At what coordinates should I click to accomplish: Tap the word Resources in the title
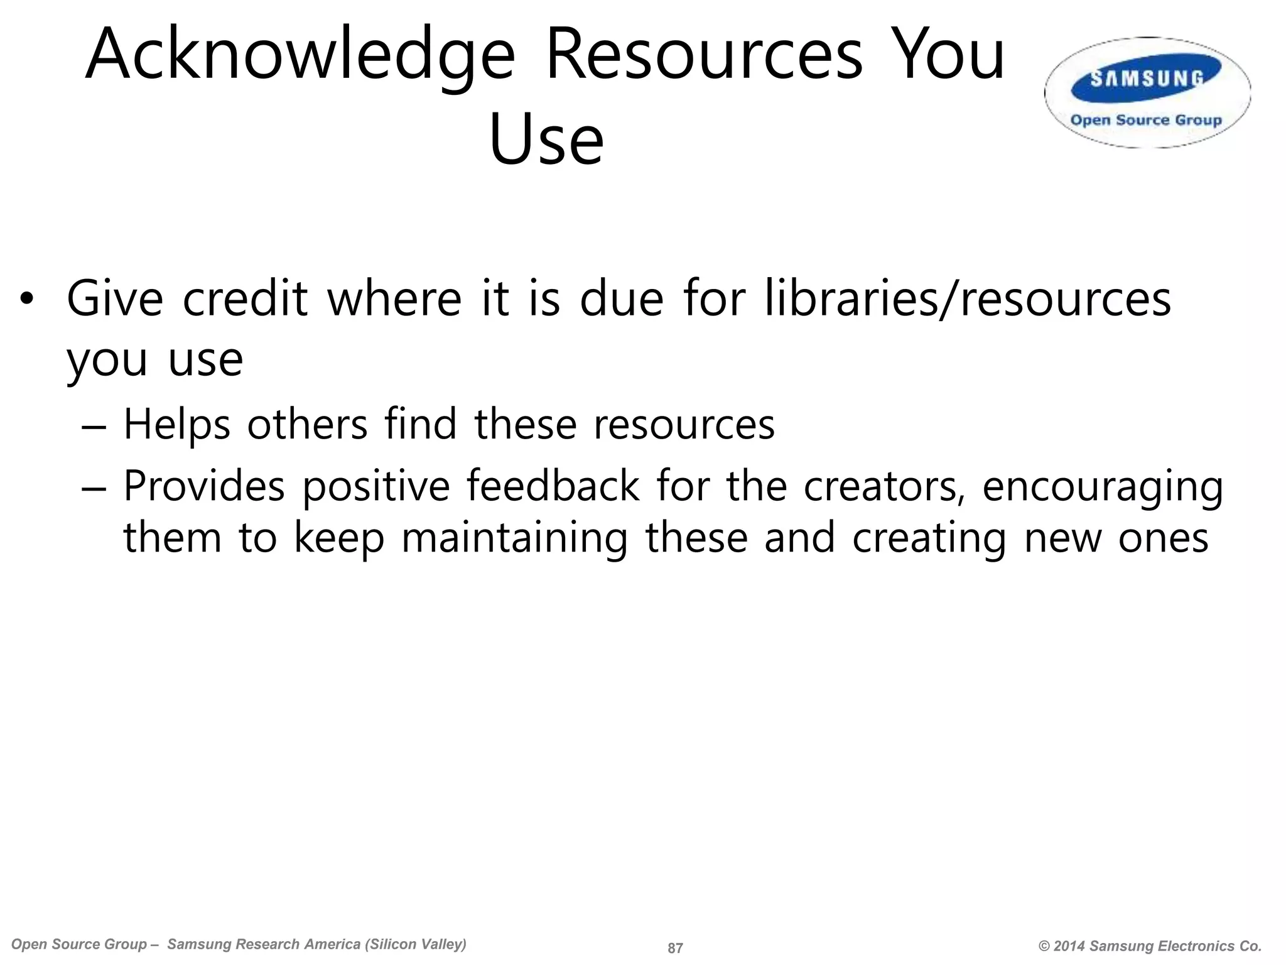click(x=704, y=55)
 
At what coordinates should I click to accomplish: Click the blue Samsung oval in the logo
click(x=1147, y=79)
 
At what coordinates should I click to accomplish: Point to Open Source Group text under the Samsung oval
click(x=1146, y=120)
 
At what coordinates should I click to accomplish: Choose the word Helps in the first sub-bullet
click(x=177, y=425)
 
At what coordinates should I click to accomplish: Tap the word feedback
click(x=553, y=486)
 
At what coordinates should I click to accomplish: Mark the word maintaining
click(x=514, y=538)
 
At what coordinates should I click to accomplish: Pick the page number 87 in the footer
click(x=675, y=948)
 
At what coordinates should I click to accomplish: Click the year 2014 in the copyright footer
click(x=1070, y=946)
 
